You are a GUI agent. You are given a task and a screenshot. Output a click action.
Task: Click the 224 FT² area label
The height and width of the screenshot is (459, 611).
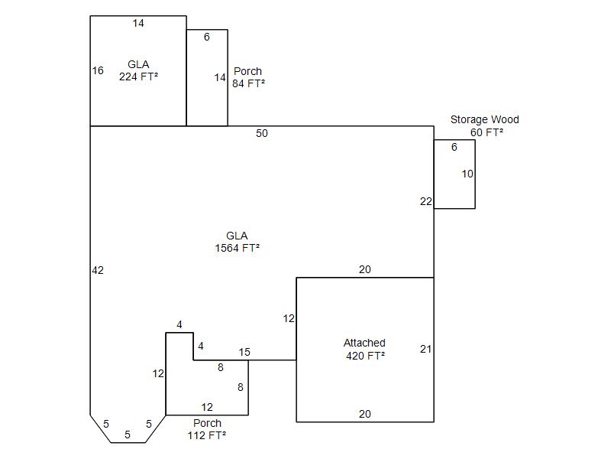coord(138,76)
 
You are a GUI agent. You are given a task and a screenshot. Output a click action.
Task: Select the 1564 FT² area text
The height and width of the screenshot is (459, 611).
coord(237,248)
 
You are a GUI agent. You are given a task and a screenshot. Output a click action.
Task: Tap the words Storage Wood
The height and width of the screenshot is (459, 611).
coord(485,119)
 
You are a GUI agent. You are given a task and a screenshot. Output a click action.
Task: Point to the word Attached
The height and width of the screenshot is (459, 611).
coord(364,343)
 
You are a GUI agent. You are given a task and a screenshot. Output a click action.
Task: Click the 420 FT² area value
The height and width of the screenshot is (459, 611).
coord(366,356)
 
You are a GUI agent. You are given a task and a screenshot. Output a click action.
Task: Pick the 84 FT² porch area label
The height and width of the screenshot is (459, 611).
coord(249,83)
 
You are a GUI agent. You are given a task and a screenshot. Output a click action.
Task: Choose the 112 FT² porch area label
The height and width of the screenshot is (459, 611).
coord(207,435)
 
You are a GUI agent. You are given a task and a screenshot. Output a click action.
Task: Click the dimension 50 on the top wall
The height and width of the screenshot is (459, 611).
coord(262,133)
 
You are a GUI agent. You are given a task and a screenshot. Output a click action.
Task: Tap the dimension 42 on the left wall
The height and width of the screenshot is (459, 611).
coord(98,270)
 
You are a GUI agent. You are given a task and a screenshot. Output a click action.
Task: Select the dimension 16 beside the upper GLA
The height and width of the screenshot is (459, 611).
coord(98,70)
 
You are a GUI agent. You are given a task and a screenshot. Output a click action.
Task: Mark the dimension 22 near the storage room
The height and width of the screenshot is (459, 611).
coord(426,201)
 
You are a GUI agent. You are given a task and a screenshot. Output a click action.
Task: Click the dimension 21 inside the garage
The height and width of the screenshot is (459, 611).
coord(426,349)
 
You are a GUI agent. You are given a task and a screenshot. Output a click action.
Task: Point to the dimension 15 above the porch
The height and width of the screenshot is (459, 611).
coord(244,352)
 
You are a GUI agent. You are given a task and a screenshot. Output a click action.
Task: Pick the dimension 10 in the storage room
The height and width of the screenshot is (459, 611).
coord(467,174)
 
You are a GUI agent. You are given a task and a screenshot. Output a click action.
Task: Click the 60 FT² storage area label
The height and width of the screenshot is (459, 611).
coord(487,132)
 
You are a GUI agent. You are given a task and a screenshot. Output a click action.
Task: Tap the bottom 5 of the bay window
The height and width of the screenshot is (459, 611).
coord(128,435)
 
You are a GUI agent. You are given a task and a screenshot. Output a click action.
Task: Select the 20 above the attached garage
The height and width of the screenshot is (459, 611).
coord(365,269)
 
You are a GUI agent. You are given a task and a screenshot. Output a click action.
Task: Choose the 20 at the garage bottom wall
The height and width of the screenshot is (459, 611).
coord(365,414)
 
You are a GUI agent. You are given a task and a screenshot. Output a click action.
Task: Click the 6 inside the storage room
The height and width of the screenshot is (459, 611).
coord(454,147)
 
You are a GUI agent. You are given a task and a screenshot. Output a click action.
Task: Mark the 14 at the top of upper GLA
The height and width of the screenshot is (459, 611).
coord(138,24)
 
